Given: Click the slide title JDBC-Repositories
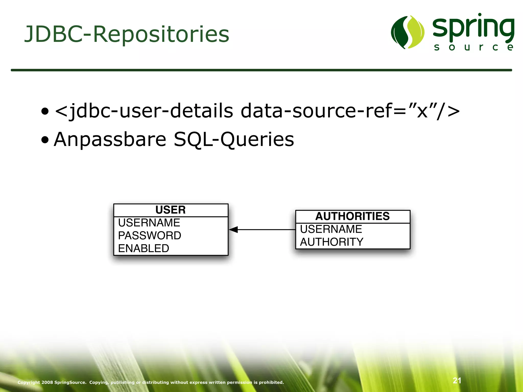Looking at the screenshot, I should click(127, 34).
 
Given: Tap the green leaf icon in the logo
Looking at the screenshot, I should click(408, 32).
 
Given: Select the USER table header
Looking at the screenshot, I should click(171, 210).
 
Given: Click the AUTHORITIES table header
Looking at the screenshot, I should click(352, 216).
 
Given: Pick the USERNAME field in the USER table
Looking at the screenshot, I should click(149, 223).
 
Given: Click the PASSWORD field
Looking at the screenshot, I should click(150, 236).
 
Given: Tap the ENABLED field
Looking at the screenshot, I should click(144, 248).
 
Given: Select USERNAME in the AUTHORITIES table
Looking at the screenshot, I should click(331, 229).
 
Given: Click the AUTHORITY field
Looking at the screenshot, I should click(331, 242).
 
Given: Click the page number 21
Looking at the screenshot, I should click(457, 381).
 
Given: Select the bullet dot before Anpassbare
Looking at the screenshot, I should click(45, 140).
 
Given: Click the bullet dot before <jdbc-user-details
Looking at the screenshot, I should click(45, 112).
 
